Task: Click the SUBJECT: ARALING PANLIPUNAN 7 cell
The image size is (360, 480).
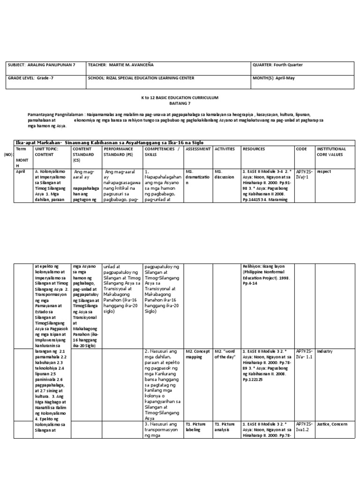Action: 43,65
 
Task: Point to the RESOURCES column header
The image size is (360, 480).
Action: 254,149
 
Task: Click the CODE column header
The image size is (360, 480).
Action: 301,149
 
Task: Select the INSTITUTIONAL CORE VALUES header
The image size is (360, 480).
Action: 332,151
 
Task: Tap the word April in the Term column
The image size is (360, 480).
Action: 20,172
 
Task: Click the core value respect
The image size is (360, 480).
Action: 324,172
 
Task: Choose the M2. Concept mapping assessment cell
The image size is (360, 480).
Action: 197,353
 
